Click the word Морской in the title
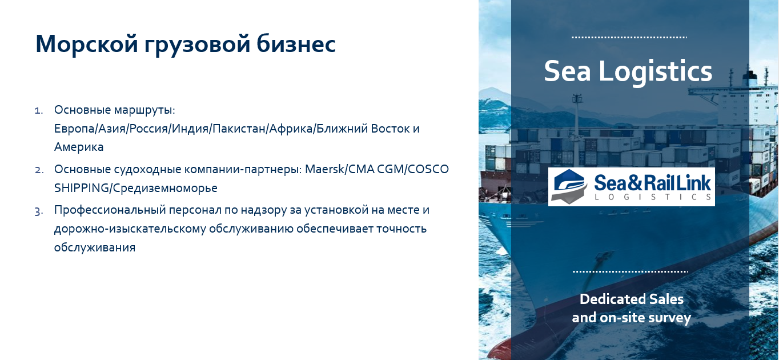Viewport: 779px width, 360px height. tap(87, 43)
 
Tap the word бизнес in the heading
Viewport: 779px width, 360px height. tap(296, 43)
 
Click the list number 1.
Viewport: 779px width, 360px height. tap(39, 111)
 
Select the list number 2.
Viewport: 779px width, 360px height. tap(39, 170)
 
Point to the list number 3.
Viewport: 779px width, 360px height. tap(39, 211)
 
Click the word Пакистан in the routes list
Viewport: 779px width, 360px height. tap(239, 129)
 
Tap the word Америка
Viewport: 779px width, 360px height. tap(79, 147)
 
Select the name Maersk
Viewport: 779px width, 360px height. tap(324, 169)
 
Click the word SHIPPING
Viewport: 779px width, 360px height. tap(81, 188)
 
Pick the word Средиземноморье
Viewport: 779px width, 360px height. tap(165, 188)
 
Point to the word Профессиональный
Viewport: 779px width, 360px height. tap(110, 210)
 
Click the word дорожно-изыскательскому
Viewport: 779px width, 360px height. tap(130, 229)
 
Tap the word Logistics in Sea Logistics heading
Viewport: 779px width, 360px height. tap(655, 71)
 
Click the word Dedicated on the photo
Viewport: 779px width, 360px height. tap(613, 299)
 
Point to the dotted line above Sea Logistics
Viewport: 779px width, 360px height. tap(629, 37)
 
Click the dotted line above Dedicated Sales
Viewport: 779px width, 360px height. tap(630, 271)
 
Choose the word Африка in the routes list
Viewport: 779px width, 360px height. tap(291, 129)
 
